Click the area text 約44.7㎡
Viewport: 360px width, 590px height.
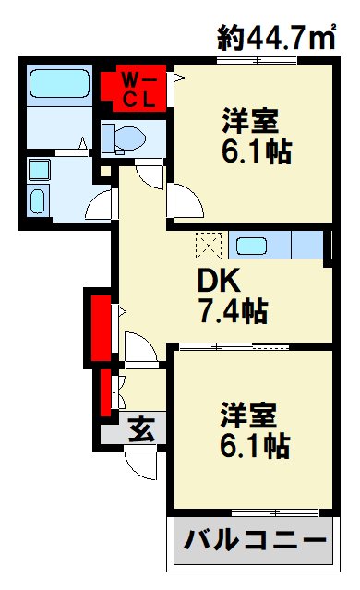click(x=275, y=38)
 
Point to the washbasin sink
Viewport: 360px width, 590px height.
click(x=40, y=200)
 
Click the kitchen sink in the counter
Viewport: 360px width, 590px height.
click(x=251, y=247)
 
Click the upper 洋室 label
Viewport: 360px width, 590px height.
click(x=250, y=120)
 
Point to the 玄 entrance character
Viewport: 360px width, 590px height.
click(x=140, y=430)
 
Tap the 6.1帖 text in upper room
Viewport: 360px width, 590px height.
click(x=256, y=151)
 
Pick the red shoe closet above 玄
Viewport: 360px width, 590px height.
click(x=105, y=391)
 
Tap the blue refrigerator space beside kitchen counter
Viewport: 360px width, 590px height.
click(x=306, y=246)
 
